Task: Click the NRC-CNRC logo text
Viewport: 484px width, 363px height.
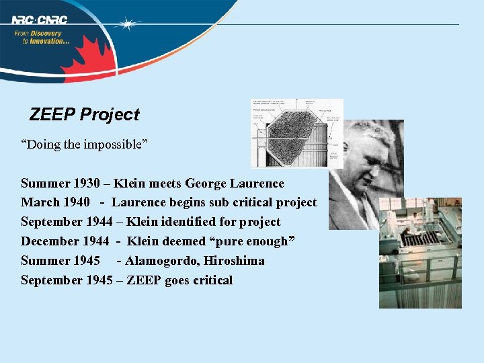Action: coord(39,19)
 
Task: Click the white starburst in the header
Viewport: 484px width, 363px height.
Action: coord(126,24)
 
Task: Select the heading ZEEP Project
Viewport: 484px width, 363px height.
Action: coord(84,114)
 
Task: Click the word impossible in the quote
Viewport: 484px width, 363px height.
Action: coord(116,145)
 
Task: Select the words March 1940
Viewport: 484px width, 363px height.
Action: coord(55,202)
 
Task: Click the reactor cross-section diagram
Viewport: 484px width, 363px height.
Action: coord(296,133)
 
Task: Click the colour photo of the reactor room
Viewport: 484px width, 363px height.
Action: coord(420,253)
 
